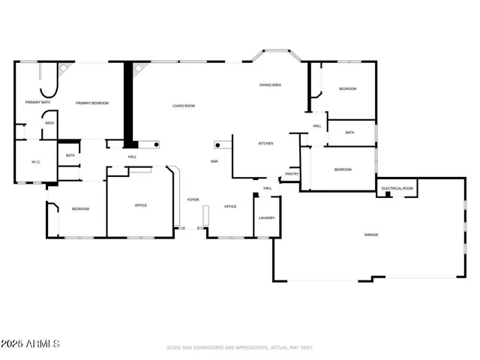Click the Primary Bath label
point(37,102)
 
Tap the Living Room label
point(184,106)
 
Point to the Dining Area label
point(270,85)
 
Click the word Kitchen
point(265,143)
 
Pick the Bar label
point(214,161)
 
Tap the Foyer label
point(193,199)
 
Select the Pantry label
point(292,174)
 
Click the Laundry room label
point(266,218)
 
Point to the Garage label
point(371,235)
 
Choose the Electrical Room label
point(397,188)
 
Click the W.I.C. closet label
point(35,162)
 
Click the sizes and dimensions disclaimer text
point(240,347)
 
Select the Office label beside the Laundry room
point(230,206)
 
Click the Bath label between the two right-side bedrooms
point(349,133)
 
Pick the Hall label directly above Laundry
point(267,188)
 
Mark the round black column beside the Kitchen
point(218,144)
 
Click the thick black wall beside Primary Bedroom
point(128,104)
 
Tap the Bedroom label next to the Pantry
point(343,169)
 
